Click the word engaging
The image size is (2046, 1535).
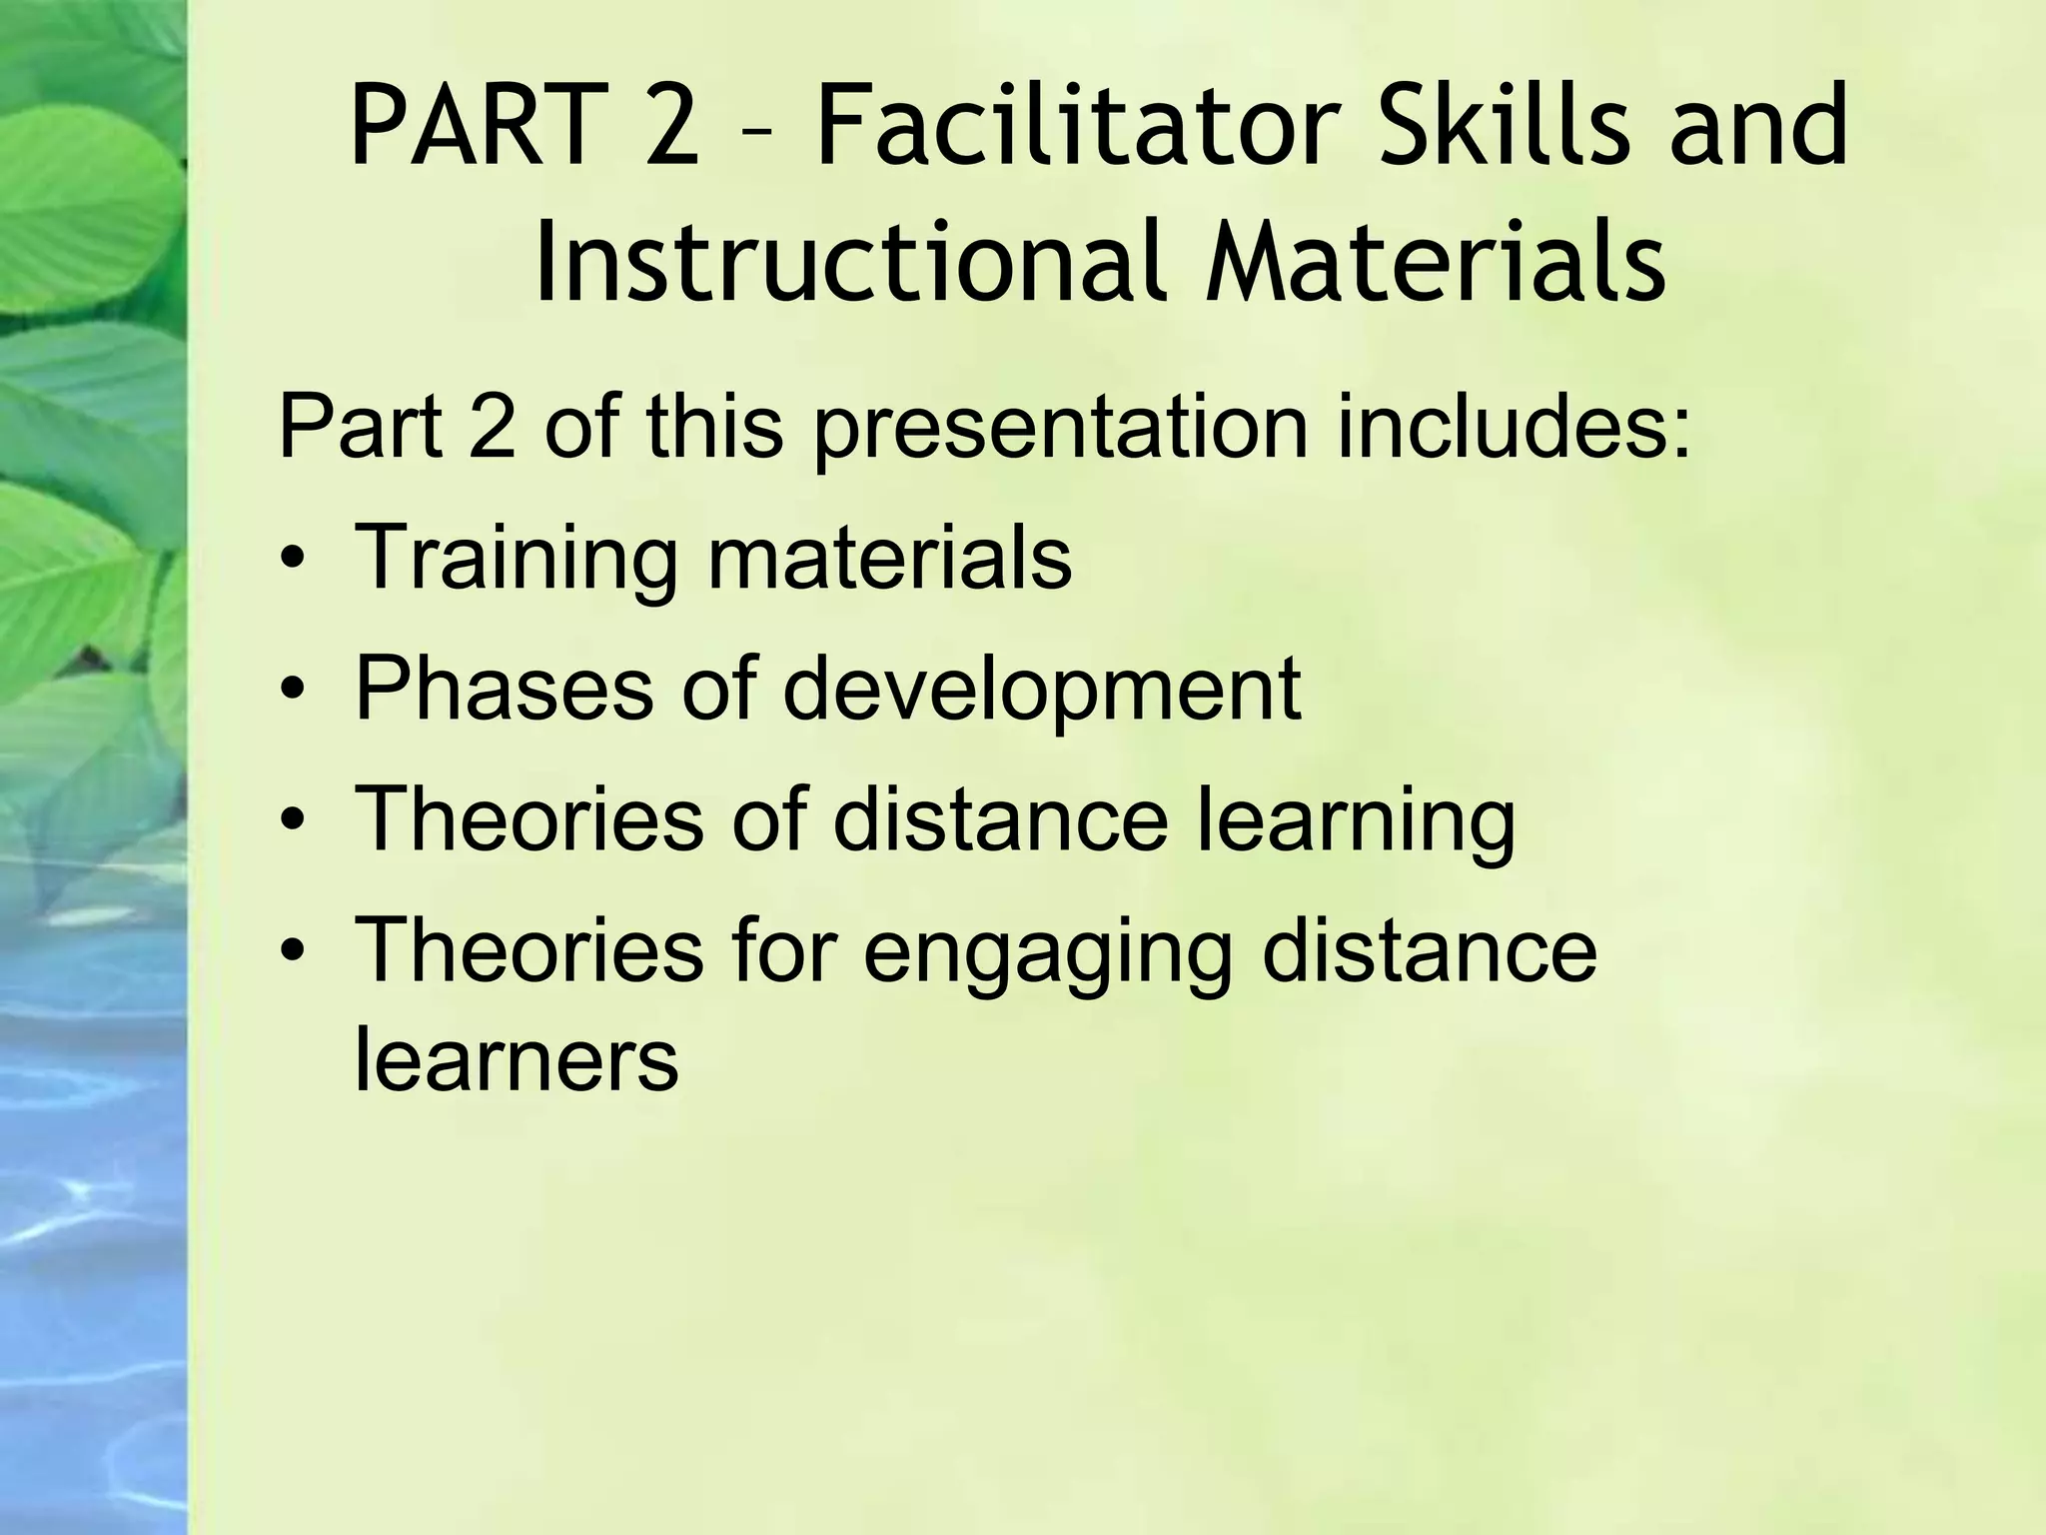1048,954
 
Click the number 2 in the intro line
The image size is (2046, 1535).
493,428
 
